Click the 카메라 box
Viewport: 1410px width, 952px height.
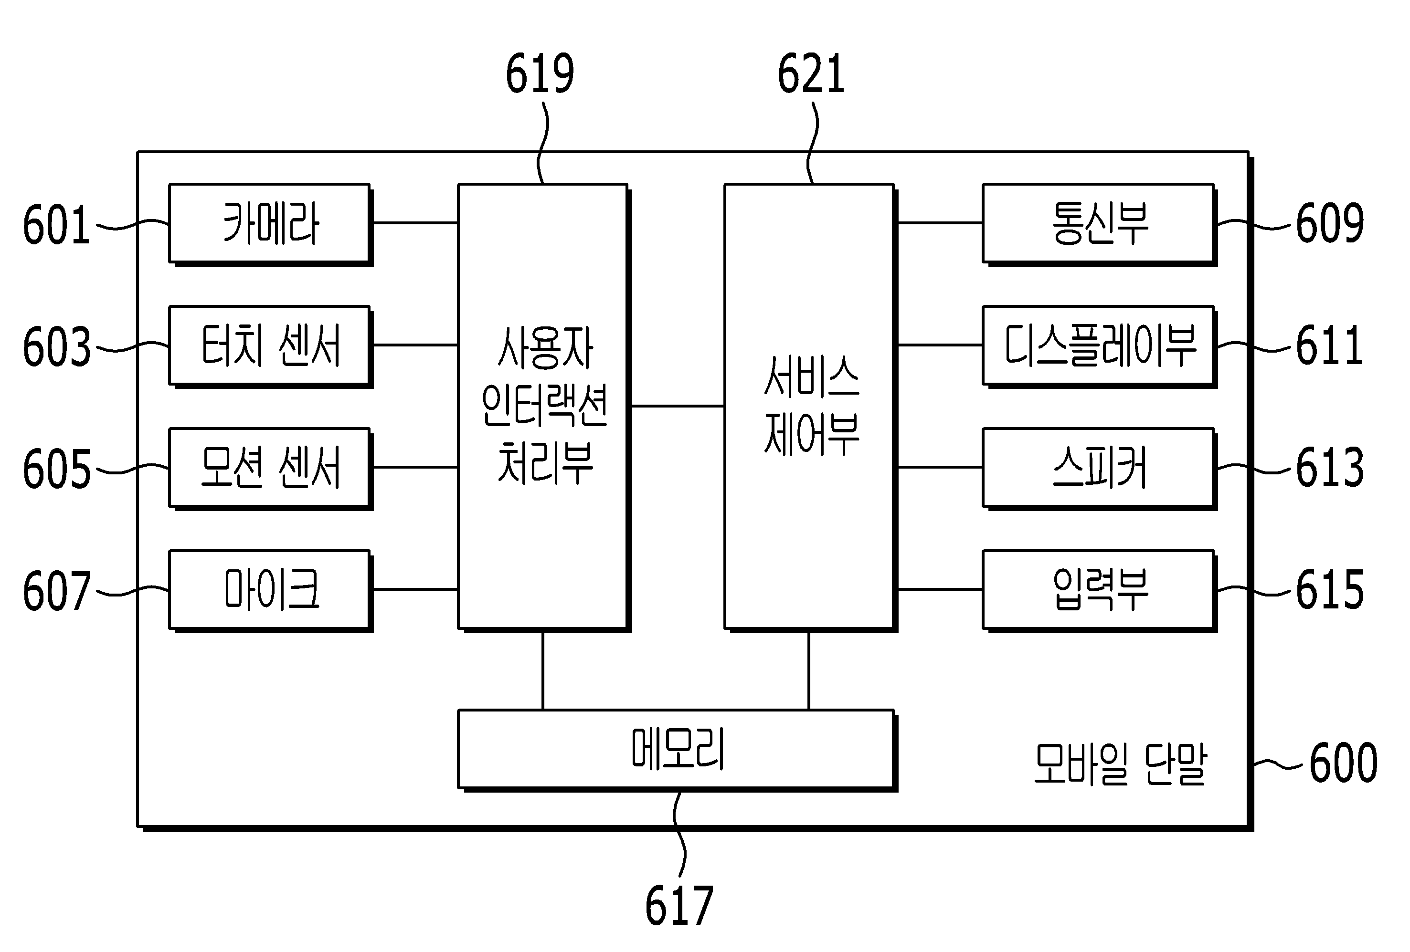click(271, 224)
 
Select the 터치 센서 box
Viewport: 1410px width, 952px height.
click(271, 346)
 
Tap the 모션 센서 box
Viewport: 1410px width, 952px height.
click(271, 469)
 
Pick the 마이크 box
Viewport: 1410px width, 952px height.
click(271, 591)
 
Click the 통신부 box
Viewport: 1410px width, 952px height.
click(1099, 224)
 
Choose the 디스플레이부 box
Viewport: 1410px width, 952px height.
click(1099, 346)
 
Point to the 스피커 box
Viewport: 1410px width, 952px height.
click(1099, 469)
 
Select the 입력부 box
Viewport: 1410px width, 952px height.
click(1099, 591)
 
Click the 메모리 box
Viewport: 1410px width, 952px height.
click(678, 751)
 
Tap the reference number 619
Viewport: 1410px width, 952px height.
click(540, 73)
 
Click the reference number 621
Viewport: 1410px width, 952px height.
click(811, 73)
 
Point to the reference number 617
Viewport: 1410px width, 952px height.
click(679, 906)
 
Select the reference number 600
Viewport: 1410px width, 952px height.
click(1343, 763)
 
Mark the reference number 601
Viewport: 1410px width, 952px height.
click(56, 225)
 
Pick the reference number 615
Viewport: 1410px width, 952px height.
click(1330, 589)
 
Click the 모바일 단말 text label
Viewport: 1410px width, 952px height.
click(1120, 764)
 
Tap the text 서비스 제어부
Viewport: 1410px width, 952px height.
click(812, 405)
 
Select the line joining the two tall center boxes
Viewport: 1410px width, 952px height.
click(678, 406)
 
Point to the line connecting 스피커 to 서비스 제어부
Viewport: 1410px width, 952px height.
click(940, 467)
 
